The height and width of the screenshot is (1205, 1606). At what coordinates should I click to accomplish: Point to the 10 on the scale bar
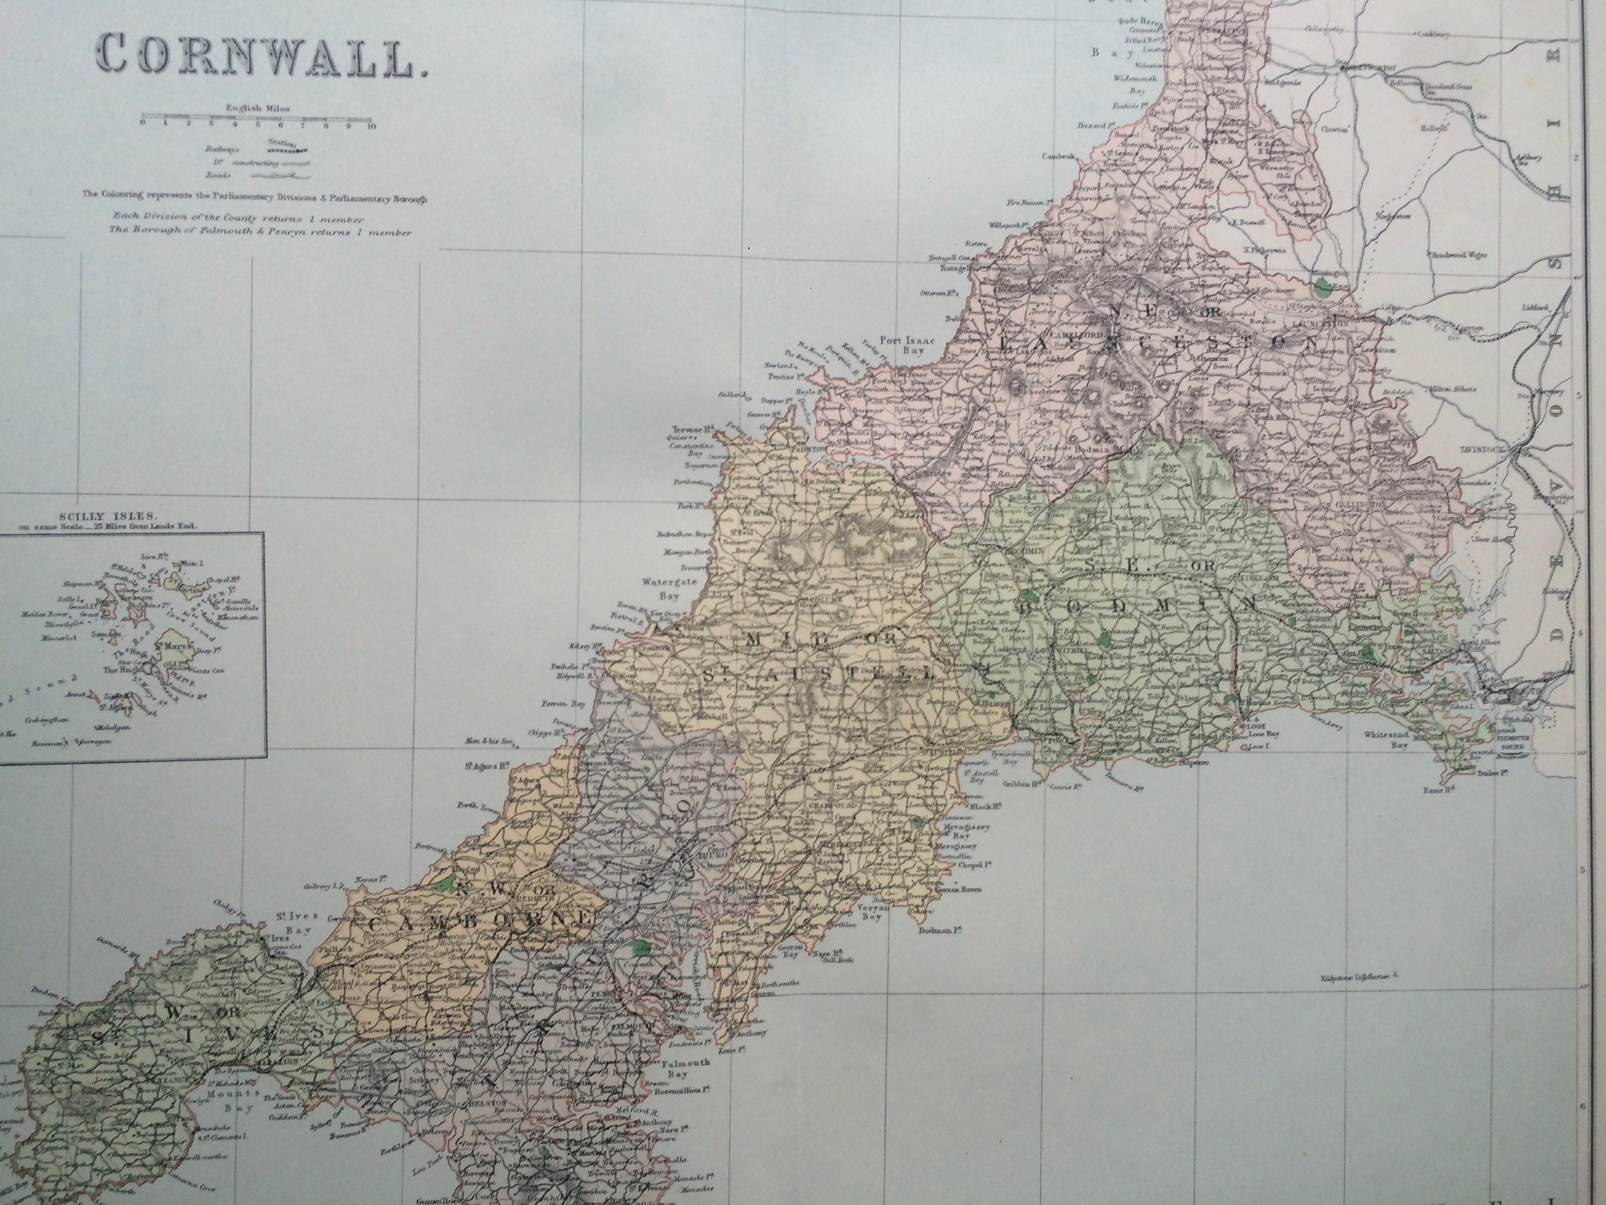point(372,124)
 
